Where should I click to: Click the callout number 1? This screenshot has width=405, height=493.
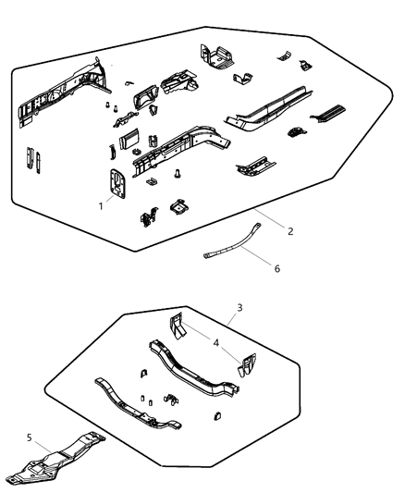click(101, 205)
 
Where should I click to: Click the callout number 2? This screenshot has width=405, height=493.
click(290, 230)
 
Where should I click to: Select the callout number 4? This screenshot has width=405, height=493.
click(216, 341)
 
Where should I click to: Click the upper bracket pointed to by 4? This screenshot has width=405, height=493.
click(177, 327)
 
